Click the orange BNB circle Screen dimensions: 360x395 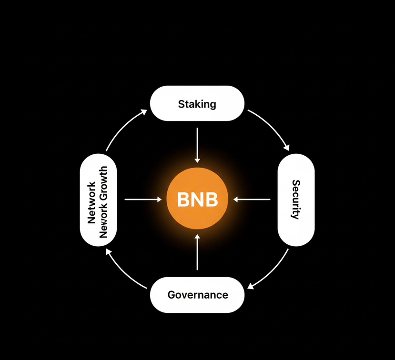point(197,200)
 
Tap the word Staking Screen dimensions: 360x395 point(197,103)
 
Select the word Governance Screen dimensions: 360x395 point(197,295)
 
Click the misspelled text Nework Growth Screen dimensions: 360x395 point(104,201)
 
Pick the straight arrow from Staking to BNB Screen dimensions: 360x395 point(197,145)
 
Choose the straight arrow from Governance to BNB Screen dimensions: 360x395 point(197,252)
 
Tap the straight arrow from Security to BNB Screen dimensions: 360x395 point(253,200)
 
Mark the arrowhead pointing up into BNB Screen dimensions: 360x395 point(197,237)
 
